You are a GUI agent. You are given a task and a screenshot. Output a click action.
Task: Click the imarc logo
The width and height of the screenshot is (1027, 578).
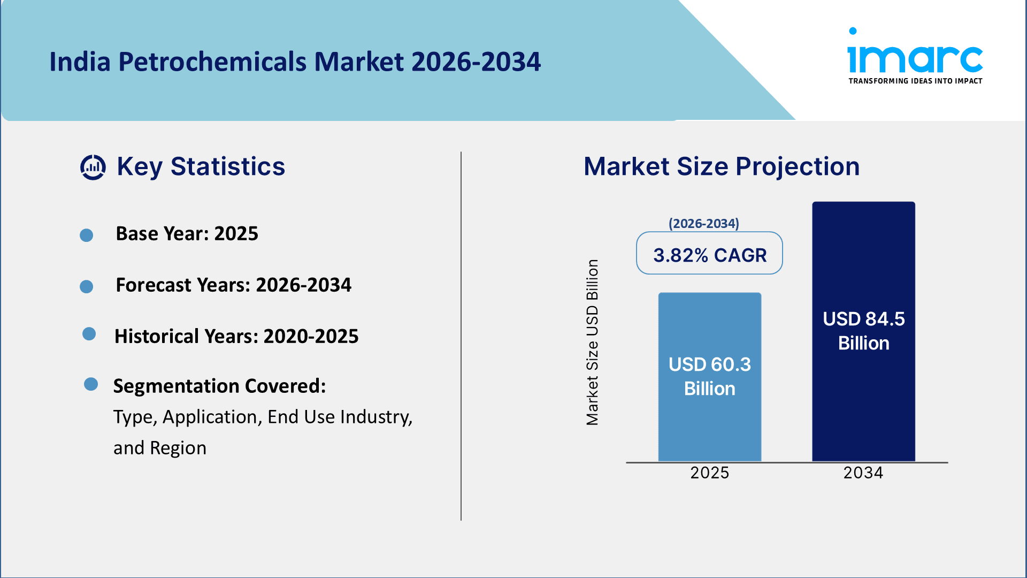[x=915, y=54]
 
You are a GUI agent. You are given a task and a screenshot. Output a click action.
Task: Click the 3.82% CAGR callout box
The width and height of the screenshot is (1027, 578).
[x=709, y=254]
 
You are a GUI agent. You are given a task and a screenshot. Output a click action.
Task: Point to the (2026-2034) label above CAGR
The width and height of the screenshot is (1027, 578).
[x=703, y=223]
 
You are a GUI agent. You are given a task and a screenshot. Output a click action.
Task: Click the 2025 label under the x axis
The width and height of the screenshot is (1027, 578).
[x=709, y=473]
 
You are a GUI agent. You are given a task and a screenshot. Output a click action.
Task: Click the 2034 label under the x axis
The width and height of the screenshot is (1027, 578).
[x=863, y=473]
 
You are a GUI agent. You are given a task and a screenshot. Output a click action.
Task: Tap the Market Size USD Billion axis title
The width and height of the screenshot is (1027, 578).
[x=592, y=343]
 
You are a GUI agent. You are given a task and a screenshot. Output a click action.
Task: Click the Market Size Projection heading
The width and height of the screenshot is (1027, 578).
[x=721, y=166]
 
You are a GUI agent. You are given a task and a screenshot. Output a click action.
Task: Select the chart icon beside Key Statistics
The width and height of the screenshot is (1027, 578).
[x=93, y=167]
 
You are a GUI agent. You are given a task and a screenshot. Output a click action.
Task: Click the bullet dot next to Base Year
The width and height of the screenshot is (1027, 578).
[x=86, y=235]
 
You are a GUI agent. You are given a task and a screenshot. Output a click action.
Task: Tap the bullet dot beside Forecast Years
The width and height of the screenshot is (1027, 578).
[x=86, y=286]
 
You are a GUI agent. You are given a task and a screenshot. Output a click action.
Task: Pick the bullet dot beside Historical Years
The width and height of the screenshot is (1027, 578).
[x=89, y=334]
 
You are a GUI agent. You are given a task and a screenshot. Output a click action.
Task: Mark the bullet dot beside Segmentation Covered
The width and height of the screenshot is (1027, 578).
[x=91, y=384]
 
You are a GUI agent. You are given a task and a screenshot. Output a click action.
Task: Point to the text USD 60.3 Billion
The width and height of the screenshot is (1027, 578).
[x=709, y=376]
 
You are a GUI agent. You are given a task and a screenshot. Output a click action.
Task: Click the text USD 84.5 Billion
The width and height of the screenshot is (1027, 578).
[x=863, y=330]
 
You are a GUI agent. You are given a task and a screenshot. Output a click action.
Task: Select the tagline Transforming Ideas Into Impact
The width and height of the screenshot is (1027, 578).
[x=915, y=81]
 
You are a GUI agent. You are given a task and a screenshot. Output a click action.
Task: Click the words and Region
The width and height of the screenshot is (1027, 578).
[x=159, y=448]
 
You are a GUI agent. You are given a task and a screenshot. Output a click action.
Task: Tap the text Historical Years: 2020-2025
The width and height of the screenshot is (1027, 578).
[x=236, y=336]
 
